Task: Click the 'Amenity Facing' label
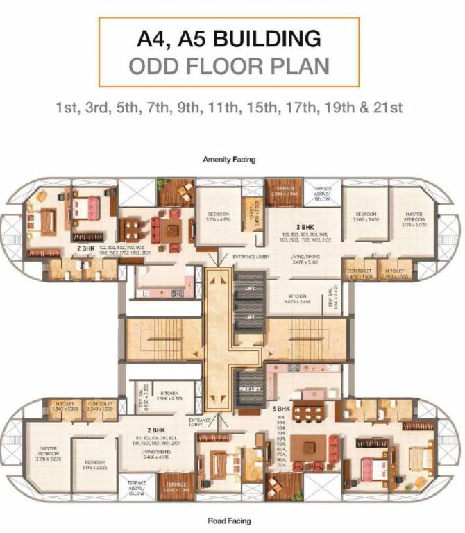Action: [x=229, y=159]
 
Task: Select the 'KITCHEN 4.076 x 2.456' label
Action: [x=296, y=299]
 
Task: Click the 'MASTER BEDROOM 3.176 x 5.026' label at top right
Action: [x=416, y=218]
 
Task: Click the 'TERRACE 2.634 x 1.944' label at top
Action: [x=283, y=191]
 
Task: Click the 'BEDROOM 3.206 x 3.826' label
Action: [x=366, y=217]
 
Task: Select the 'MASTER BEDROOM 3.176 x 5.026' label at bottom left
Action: [x=46, y=453]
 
